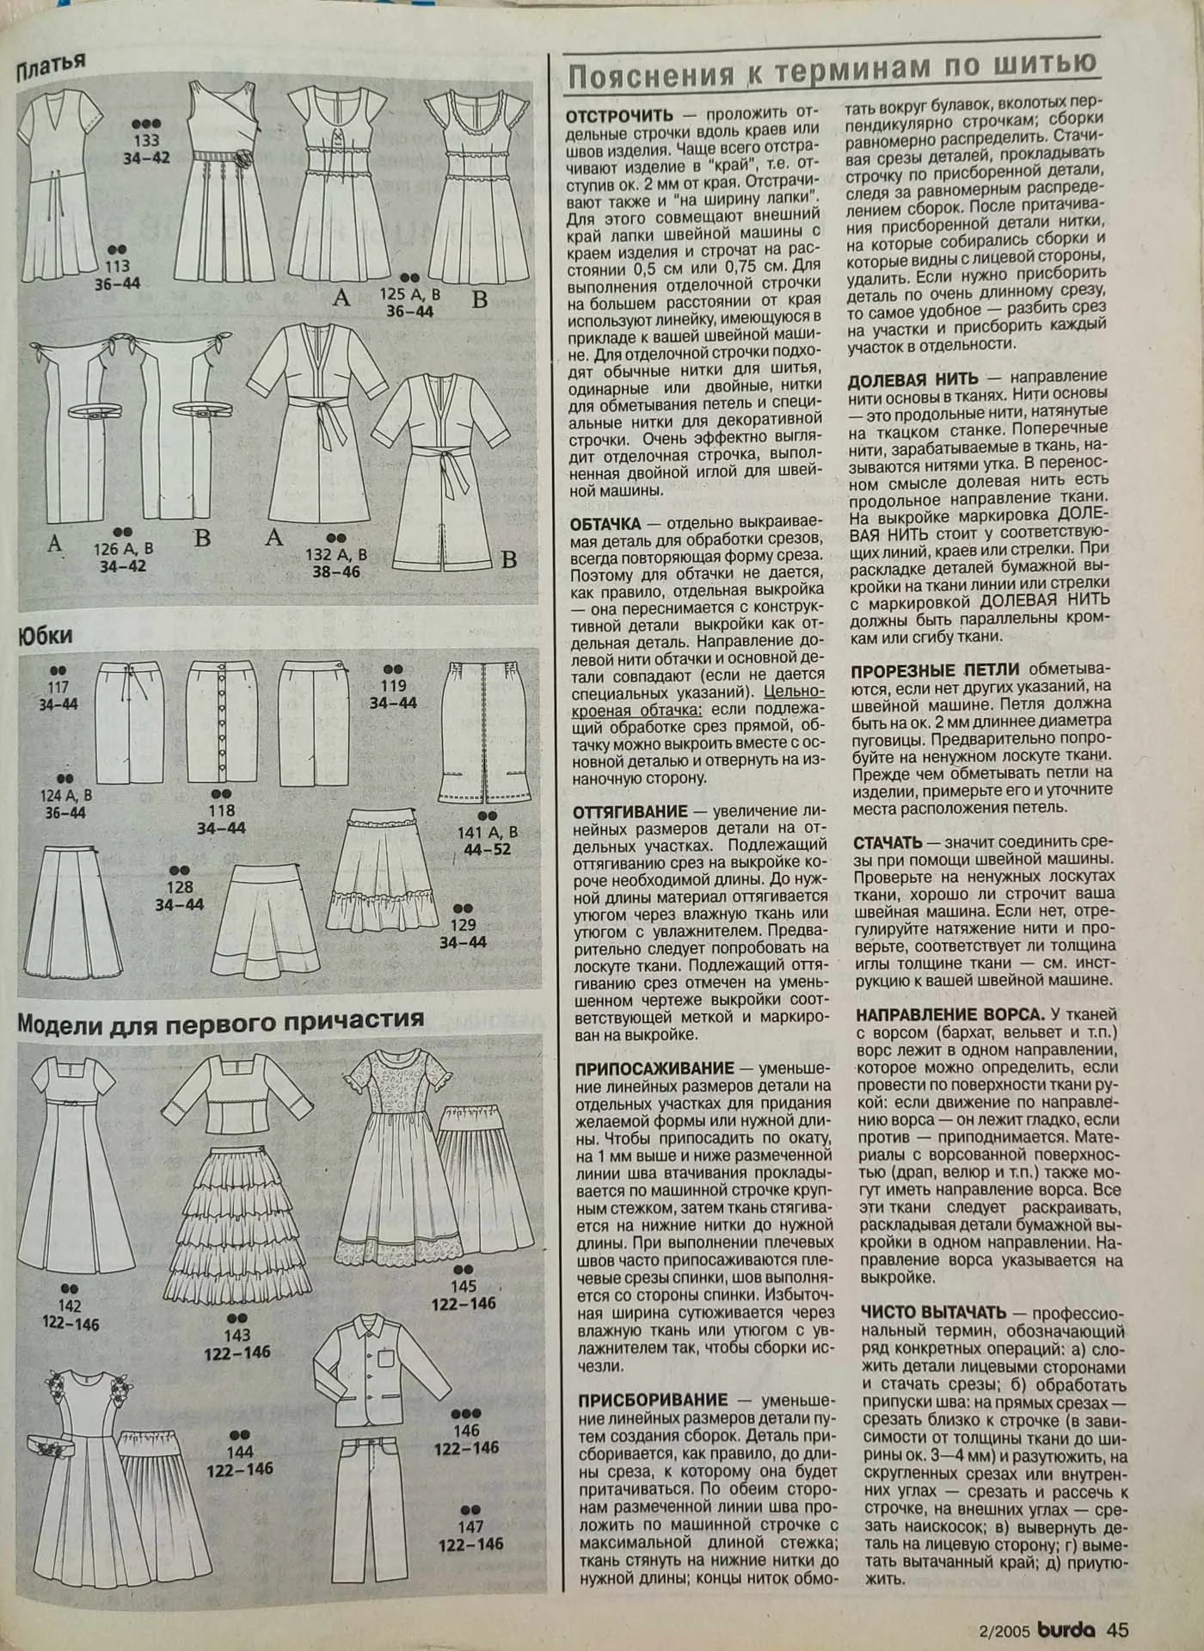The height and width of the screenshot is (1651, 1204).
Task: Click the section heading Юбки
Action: tap(44, 636)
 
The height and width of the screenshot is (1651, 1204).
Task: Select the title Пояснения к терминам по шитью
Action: tap(831, 70)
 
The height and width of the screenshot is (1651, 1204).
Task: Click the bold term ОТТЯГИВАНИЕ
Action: tap(631, 811)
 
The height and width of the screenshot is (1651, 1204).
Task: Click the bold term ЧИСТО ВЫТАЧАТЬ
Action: tap(933, 1313)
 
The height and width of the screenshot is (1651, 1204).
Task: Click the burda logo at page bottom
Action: tap(1066, 1629)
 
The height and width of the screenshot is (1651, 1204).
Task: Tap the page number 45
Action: tap(1117, 1629)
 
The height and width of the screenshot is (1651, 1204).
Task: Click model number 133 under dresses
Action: tap(146, 141)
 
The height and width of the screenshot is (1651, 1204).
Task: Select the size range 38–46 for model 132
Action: tap(336, 571)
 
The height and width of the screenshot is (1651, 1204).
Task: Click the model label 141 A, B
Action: tap(487, 833)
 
